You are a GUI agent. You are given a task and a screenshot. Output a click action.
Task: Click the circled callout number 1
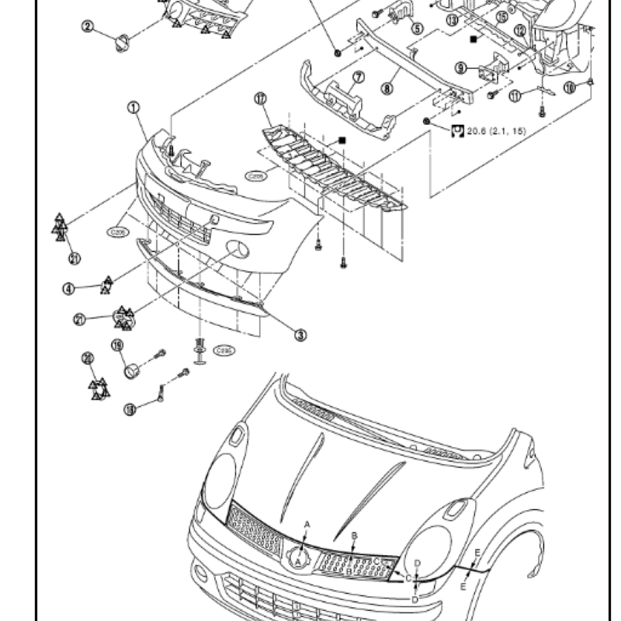click(x=134, y=106)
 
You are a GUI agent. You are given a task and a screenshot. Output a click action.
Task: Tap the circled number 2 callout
click(x=88, y=27)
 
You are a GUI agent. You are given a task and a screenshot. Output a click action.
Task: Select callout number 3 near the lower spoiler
click(x=300, y=335)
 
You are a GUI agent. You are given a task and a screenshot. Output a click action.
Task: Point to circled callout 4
click(x=69, y=290)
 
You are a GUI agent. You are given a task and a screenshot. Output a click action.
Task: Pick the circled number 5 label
click(x=417, y=29)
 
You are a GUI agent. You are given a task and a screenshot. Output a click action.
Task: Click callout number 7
click(x=358, y=78)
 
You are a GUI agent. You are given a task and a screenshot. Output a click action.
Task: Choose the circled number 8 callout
click(x=387, y=88)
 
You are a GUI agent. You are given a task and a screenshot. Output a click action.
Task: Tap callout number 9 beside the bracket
click(x=460, y=68)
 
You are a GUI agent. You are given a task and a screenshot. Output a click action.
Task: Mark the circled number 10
click(x=569, y=88)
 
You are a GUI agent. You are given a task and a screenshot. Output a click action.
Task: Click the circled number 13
click(x=453, y=24)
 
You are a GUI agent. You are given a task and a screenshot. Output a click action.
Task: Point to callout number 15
click(x=502, y=16)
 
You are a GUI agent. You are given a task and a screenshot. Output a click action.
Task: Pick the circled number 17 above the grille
click(x=260, y=99)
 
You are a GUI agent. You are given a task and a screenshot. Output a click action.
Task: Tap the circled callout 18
click(x=129, y=408)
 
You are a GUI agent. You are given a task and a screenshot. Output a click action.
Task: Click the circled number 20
click(x=88, y=358)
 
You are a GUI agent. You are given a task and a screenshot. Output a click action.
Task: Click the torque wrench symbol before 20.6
click(x=456, y=130)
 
